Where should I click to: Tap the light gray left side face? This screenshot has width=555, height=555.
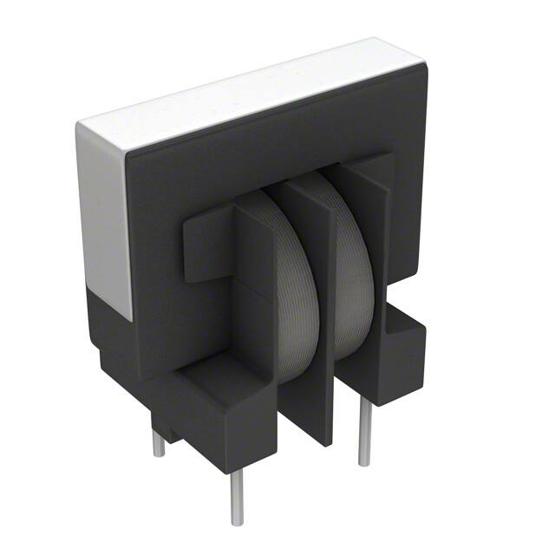(102, 217)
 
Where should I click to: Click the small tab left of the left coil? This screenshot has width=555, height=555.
(204, 246)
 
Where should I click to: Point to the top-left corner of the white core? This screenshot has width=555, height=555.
(82, 128)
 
